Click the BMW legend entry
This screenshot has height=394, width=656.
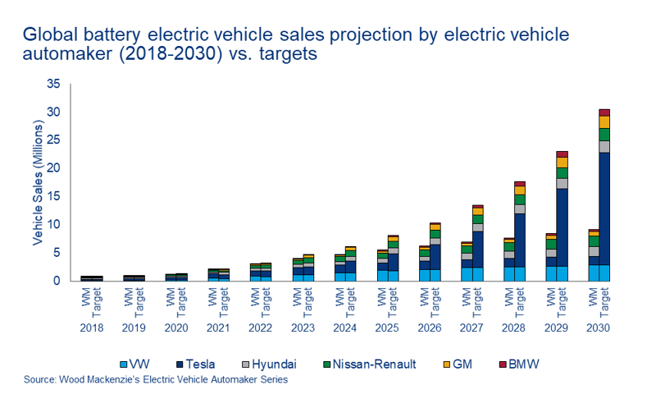pos(521,364)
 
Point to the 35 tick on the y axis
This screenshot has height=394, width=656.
pos(53,84)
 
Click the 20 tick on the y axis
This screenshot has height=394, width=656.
pos(53,168)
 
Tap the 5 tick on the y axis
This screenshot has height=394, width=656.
pos(57,253)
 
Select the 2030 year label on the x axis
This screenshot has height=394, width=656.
pos(599,328)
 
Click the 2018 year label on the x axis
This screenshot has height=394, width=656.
pos(90,328)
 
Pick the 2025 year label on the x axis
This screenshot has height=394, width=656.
pos(387,328)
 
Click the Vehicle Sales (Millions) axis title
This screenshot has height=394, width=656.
pos(37,182)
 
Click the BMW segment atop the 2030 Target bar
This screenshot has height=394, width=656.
pos(604,112)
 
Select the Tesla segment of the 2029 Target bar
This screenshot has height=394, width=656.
pos(562,227)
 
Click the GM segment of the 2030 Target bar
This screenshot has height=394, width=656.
pos(604,122)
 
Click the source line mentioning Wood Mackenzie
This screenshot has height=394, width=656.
pos(156,380)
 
